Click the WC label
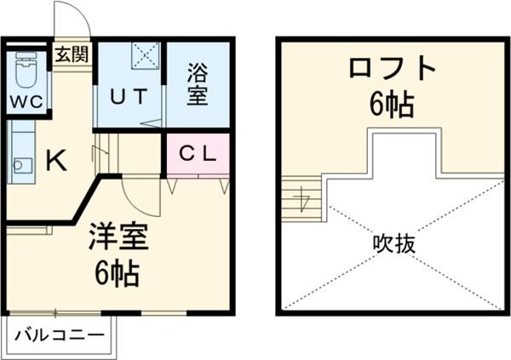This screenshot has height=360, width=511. (x=27, y=101)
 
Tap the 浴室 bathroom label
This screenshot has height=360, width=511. (x=197, y=83)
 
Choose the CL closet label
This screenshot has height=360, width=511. (x=196, y=154)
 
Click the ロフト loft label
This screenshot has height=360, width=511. (x=391, y=69)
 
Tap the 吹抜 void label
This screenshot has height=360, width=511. (x=394, y=244)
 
